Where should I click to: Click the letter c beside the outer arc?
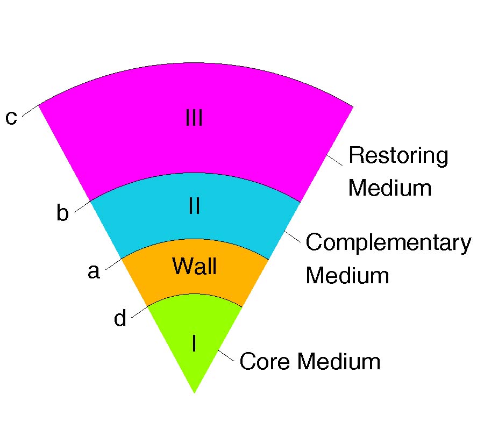pos(11,117)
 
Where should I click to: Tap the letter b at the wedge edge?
pos(63,214)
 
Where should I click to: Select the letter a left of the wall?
pos(94,271)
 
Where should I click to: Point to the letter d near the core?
pos(120,319)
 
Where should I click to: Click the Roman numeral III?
pos(194,118)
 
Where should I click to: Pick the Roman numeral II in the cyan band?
pos(194,206)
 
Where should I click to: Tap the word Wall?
pos(194,266)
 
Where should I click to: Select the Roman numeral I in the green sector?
pos(194,344)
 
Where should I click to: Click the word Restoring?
pos(398,156)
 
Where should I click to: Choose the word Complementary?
pos(388,243)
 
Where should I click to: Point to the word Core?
pos(266,361)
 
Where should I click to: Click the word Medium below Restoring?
pos(390,188)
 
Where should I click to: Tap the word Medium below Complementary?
pos(347,275)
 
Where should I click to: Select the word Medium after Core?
pos(339,361)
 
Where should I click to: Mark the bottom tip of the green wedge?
pos(194,392)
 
